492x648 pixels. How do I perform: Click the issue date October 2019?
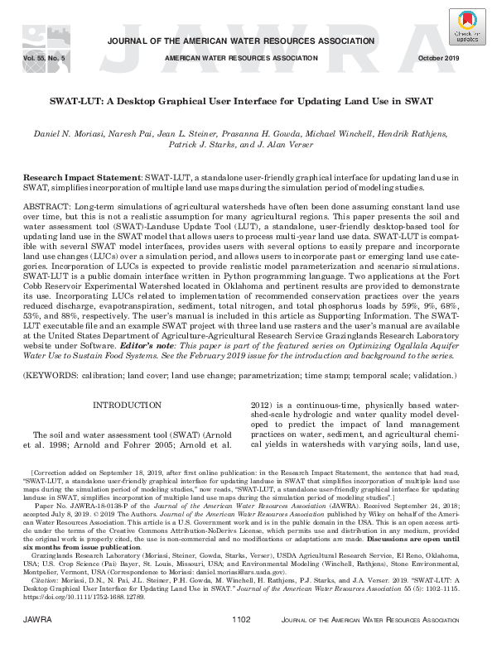pos(449,59)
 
